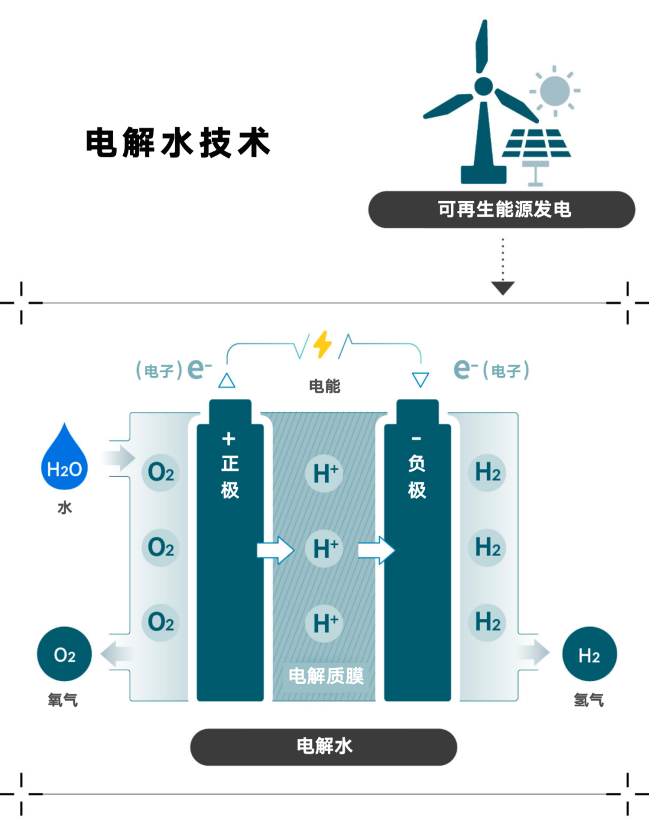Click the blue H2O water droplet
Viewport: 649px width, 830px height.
64,459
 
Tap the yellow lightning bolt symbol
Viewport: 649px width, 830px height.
322,344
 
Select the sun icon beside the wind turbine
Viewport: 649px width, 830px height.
555,91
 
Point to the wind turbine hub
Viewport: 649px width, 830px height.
484,86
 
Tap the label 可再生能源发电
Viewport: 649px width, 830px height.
505,210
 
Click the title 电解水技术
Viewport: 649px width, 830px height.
178,142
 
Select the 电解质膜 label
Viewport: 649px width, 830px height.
326,676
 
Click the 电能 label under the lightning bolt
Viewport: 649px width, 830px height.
324,386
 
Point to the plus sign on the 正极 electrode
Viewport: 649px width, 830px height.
229,439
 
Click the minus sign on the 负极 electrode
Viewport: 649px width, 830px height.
416,438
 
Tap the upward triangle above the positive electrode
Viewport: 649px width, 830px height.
227,380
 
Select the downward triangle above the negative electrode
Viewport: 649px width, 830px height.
420,380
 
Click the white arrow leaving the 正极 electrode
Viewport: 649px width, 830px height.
275,550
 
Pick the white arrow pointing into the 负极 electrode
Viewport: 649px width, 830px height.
376,550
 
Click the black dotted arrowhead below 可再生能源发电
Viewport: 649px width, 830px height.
503,288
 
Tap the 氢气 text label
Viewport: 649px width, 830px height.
589,700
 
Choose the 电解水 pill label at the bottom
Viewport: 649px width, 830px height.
324,747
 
